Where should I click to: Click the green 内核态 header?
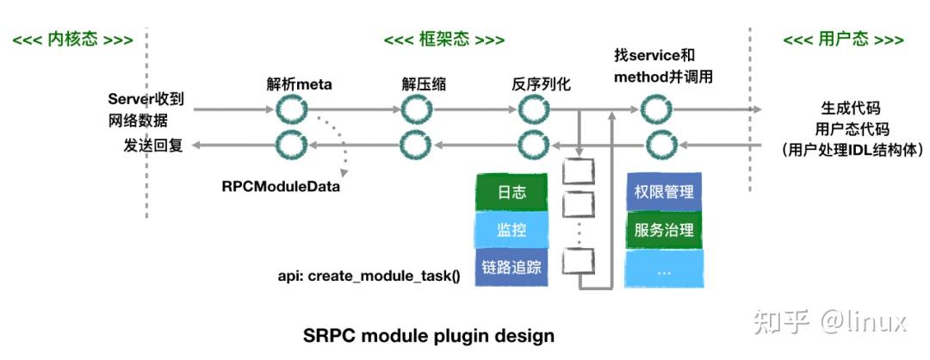coord(72,40)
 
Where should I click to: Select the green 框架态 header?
coord(443,40)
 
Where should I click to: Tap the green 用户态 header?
coord(843,40)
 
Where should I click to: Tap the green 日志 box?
coord(512,192)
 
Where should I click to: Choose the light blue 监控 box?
coord(512,230)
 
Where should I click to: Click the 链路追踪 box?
coord(512,267)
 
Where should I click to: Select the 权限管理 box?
coord(663,192)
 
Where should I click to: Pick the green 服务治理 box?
coord(663,230)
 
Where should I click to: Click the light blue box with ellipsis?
coord(663,268)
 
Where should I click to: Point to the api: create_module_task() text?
coord(369,276)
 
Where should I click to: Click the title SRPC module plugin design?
coord(429,335)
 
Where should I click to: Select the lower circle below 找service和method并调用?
coord(659,145)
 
